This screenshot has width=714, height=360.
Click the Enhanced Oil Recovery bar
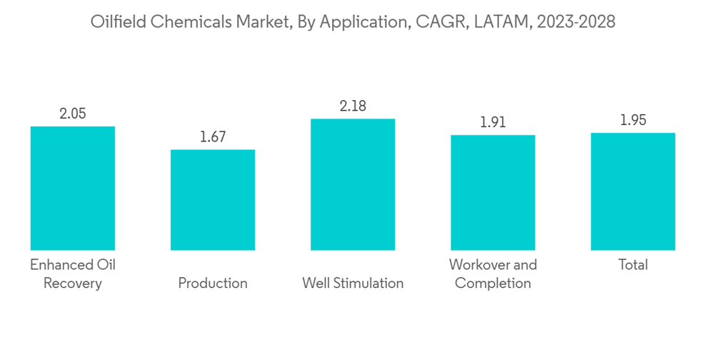pos(72,188)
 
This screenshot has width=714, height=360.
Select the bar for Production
pos(213,200)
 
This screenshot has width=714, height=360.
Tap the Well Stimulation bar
pos(353,184)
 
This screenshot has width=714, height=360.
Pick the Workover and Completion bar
pos(493,192)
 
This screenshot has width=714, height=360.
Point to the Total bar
pos(633,191)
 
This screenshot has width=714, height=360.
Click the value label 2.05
pos(72,114)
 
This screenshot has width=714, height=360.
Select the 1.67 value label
pos(213,137)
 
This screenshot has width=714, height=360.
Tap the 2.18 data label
pos(353,106)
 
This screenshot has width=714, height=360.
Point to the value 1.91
pos(493,122)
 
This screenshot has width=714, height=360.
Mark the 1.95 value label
pos(633,120)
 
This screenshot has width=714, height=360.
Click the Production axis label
pos(213,283)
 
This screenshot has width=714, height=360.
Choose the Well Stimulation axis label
pos(353,283)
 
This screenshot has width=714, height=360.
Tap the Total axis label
pos(633,265)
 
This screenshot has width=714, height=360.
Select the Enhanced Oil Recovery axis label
pos(72,274)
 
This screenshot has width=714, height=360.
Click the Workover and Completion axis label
pos(493,274)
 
